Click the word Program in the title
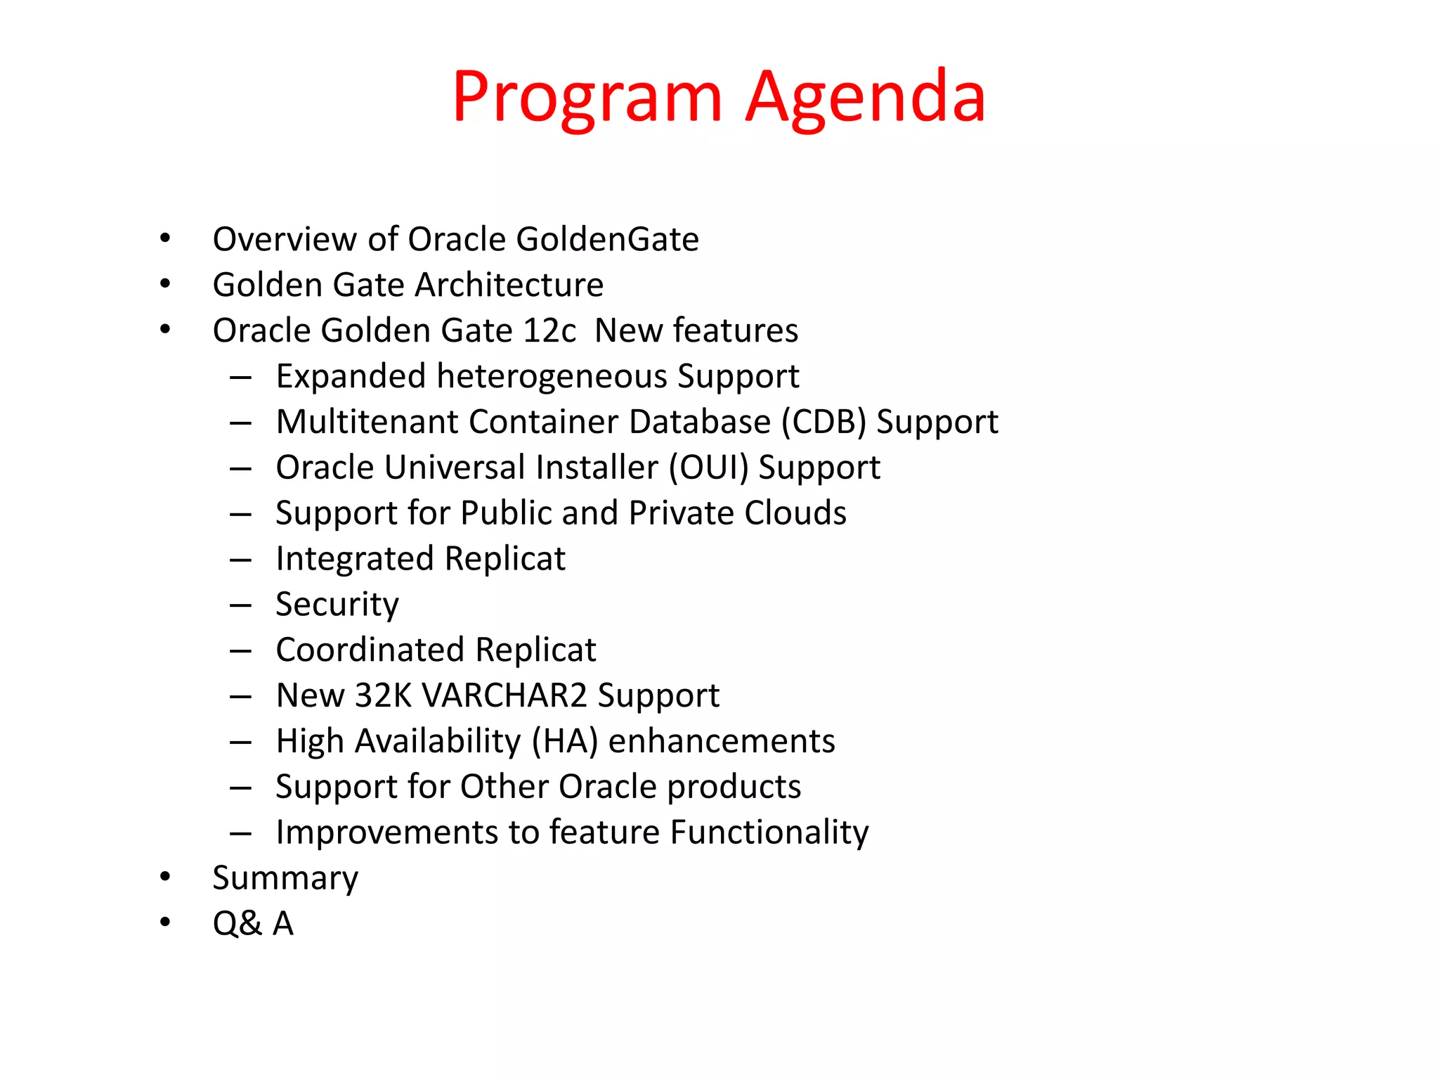tap(587, 98)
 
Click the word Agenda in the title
tap(866, 98)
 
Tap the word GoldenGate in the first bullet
tap(607, 240)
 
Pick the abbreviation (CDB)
tap(823, 423)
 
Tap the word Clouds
tap(795, 513)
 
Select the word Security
tap(337, 605)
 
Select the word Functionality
tap(769, 833)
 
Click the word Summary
tap(285, 879)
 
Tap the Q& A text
tap(253, 924)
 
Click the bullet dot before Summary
tap(165, 876)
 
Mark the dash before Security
tap(240, 605)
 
